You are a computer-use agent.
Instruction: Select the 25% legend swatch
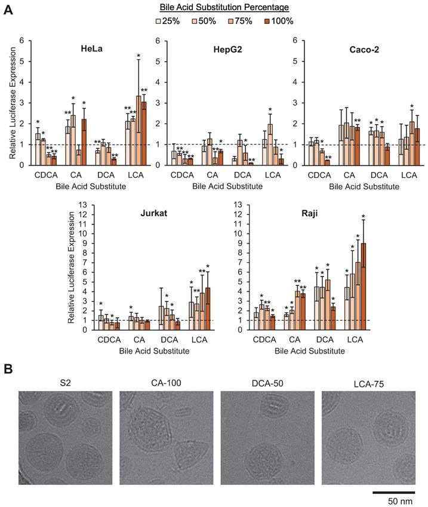coord(158,21)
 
